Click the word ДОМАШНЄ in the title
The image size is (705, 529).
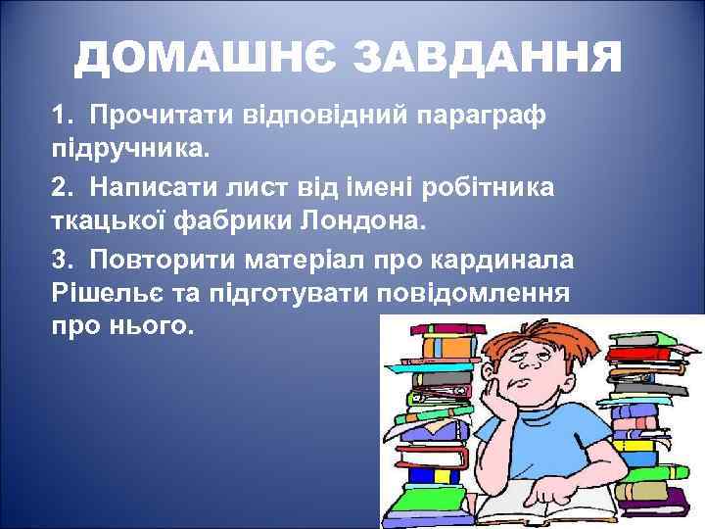[204, 61]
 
